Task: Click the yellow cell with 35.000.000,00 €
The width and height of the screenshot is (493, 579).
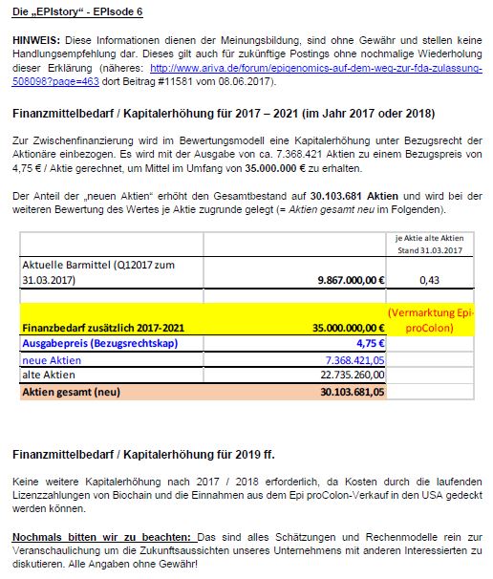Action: click(339, 326)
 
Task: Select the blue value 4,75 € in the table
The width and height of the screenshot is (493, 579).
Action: click(367, 343)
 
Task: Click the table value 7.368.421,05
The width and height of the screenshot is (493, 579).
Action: click(351, 359)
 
